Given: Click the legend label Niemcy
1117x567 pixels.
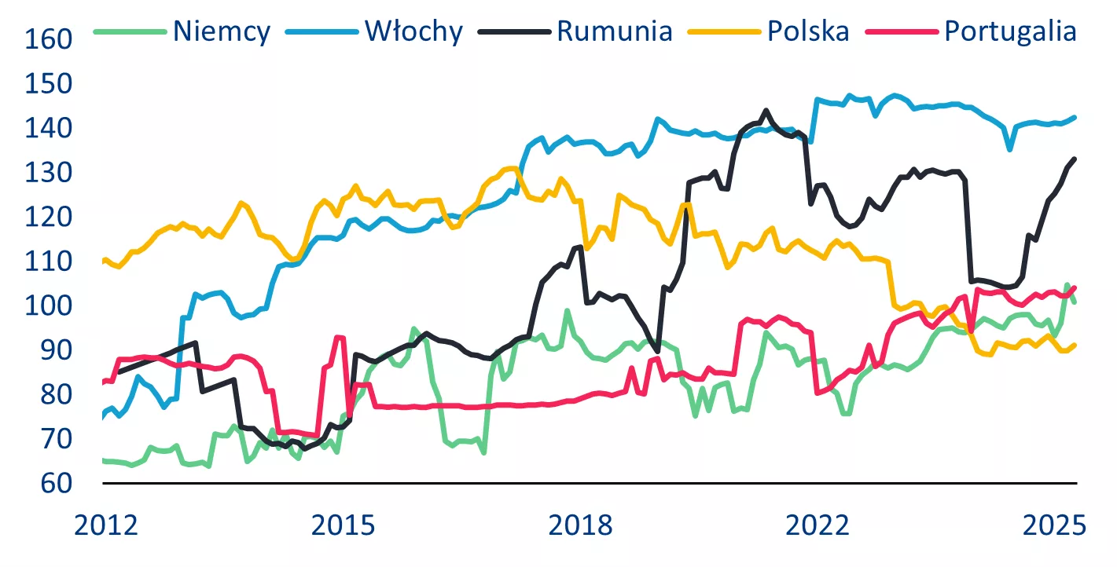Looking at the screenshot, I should [x=222, y=31].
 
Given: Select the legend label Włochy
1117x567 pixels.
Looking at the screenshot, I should [x=413, y=31].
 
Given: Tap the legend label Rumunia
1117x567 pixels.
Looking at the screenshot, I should [x=614, y=31].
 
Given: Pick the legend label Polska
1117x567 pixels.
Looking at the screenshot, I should [x=808, y=31].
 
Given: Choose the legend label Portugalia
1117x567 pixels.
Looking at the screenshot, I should [x=1010, y=31].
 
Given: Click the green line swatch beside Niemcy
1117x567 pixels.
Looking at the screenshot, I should [x=130, y=31].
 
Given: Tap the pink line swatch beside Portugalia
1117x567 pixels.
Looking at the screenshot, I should [x=902, y=31].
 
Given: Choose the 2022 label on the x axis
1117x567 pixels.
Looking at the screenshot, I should [x=819, y=523].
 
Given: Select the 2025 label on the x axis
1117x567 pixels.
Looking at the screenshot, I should [x=1053, y=523].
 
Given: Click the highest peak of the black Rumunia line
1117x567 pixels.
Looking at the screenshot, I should [x=766, y=111].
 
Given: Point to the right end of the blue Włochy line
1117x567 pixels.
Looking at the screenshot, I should [x=1075, y=117].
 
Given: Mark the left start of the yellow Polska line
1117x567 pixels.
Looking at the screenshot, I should [x=103, y=261].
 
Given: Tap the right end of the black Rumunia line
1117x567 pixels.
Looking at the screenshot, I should [x=1075, y=159].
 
